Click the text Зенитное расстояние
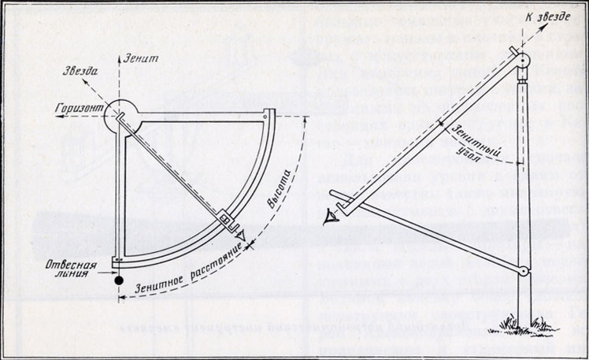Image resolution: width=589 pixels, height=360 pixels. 186,265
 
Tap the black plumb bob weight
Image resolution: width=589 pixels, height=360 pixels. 118,280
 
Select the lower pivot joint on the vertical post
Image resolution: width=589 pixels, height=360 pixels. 522,273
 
